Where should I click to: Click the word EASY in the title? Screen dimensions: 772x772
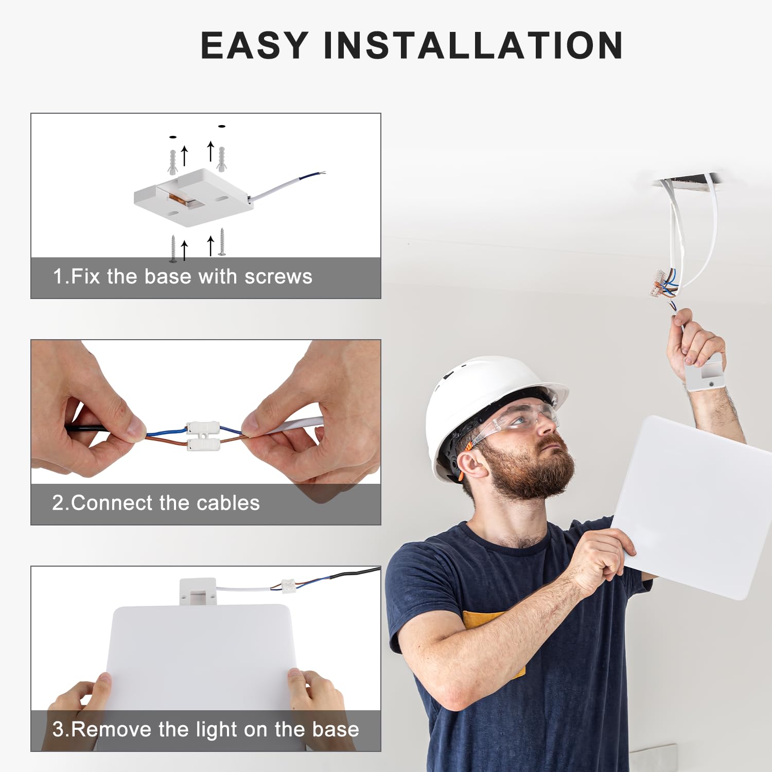(x=254, y=45)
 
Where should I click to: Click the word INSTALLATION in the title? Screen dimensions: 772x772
(x=473, y=45)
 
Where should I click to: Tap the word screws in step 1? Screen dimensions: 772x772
(x=278, y=277)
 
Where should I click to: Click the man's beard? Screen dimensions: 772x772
(x=530, y=473)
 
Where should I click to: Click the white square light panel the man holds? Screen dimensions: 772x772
(x=695, y=504)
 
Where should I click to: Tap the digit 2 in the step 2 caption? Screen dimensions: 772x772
(x=58, y=503)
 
